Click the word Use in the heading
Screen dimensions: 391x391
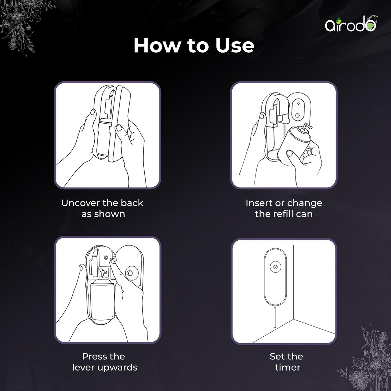click(235, 46)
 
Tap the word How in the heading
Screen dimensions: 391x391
click(157, 46)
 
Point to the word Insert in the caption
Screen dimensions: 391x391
click(258, 203)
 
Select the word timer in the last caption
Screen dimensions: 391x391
click(287, 368)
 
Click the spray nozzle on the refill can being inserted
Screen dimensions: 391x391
click(306, 128)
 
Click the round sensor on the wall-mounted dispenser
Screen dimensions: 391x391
click(275, 267)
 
